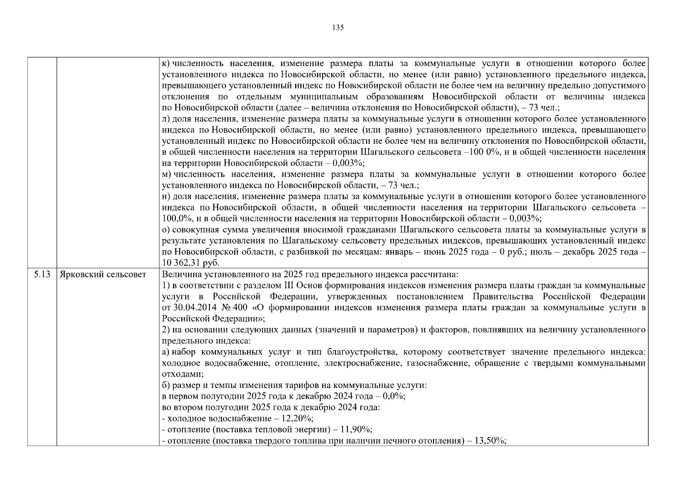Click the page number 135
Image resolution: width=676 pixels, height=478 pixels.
click(337, 27)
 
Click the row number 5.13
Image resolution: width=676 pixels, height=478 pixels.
click(42, 274)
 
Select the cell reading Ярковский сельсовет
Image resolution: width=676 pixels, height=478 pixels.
click(103, 274)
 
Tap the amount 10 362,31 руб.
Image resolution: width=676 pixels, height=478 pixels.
click(191, 263)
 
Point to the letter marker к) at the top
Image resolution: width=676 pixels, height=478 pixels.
click(166, 64)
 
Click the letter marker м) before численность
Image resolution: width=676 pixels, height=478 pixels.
click(167, 174)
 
